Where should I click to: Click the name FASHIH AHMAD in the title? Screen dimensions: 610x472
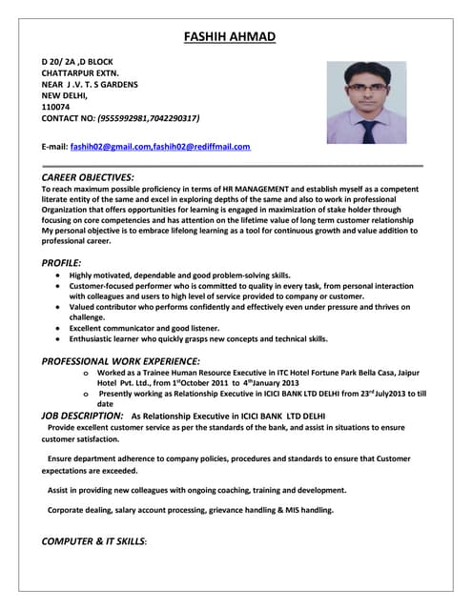pyautogui.click(x=230, y=37)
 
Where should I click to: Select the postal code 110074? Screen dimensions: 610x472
pyautogui.click(x=55, y=107)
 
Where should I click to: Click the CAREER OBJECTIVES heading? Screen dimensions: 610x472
pyautogui.click(x=88, y=177)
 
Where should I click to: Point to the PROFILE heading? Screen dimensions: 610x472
pyautogui.click(x=61, y=262)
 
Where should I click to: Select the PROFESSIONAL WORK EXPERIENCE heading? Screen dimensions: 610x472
pyautogui.click(x=120, y=361)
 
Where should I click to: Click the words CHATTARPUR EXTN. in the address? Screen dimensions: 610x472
pyautogui.click(x=80, y=72)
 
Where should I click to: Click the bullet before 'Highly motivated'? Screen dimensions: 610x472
pyautogui.click(x=59, y=275)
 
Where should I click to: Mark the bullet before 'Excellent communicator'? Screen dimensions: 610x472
pyautogui.click(x=59, y=327)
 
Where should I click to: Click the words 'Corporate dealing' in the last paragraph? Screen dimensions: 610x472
pyautogui.click(x=80, y=510)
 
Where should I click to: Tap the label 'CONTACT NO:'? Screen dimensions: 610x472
pyautogui.click(x=68, y=118)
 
